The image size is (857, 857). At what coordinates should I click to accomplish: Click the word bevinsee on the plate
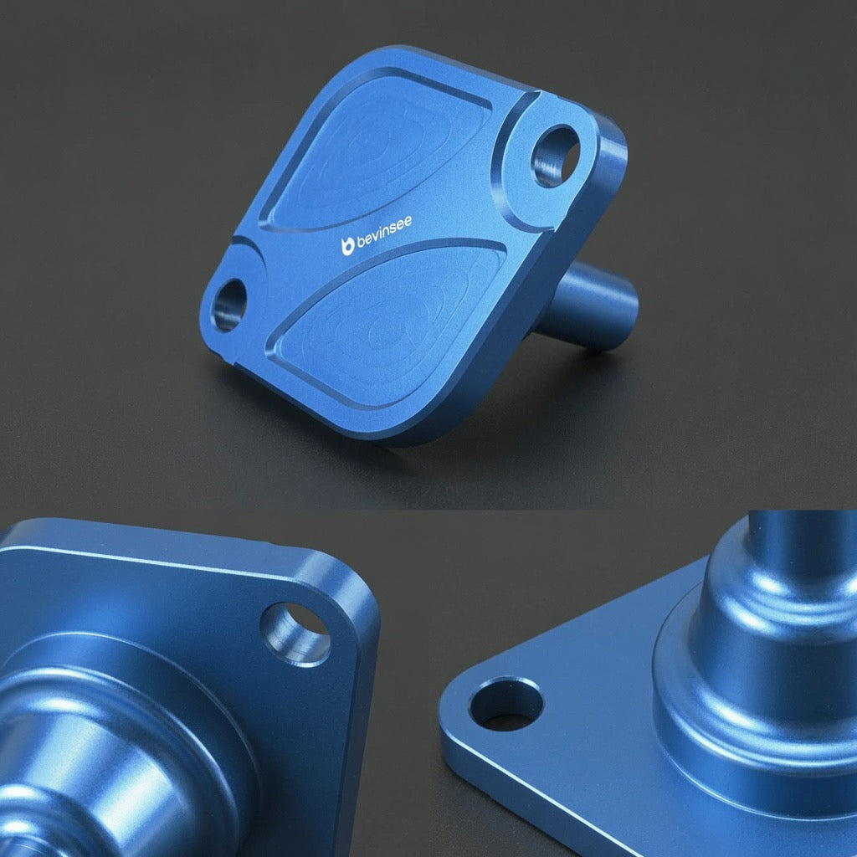point(383,233)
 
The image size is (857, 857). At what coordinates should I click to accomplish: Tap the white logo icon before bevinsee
point(347,247)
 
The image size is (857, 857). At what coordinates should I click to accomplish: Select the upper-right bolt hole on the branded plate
point(554,156)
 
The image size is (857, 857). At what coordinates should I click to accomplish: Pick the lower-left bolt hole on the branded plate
point(228,305)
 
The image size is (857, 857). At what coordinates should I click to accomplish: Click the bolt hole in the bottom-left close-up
point(295,634)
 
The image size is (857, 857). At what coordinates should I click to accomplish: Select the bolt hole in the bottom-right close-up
point(505,704)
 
